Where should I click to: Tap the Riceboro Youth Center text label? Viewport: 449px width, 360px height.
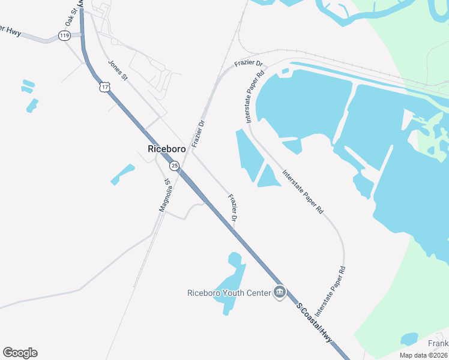point(229,293)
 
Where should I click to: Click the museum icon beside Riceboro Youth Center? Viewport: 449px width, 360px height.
point(280,292)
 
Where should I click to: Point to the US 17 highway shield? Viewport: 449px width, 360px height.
point(106,88)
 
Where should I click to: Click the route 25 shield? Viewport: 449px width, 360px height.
point(174,165)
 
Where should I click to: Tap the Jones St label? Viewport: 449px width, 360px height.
point(118,69)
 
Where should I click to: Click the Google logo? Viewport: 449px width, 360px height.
point(20,353)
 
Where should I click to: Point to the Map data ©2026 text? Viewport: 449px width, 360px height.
point(423,355)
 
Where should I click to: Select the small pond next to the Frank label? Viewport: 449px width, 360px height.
point(409,338)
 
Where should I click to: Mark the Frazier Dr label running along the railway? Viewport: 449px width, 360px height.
point(198,133)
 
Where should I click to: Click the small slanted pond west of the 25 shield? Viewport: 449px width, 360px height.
point(122,174)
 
